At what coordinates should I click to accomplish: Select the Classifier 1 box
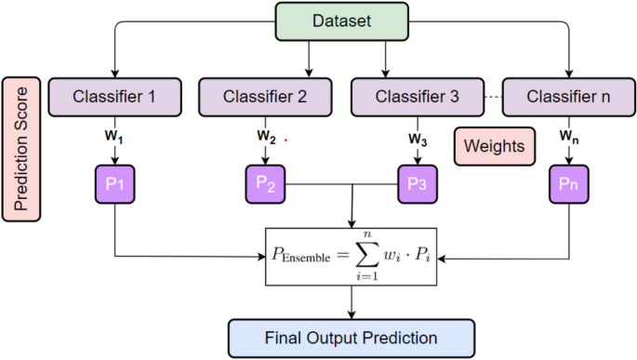pos(113,95)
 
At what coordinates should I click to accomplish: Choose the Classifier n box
pos(567,95)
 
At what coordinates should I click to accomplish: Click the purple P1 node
pos(114,183)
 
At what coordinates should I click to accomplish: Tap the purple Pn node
pos(566,183)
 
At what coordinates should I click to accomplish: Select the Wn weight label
pos(567,139)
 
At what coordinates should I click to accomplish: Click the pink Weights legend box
pos(494,147)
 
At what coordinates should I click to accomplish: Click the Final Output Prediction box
pos(352,336)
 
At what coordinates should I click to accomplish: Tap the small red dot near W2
pos(286,141)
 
